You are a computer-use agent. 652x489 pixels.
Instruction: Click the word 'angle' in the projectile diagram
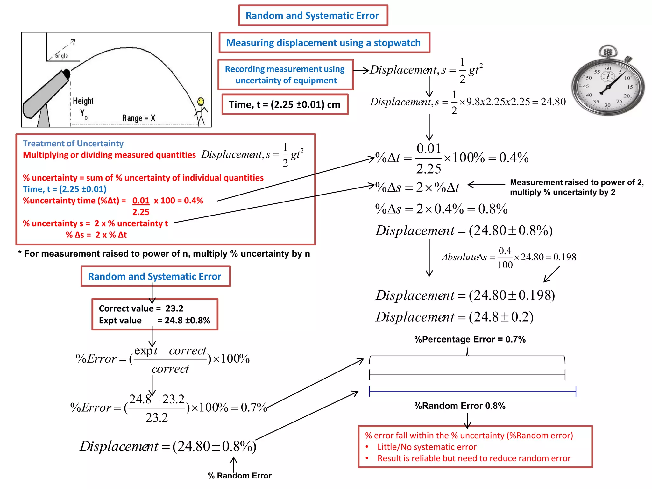(x=61, y=56)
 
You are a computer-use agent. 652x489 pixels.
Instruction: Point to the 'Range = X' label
(x=138, y=118)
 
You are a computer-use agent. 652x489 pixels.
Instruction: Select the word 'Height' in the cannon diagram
(x=83, y=101)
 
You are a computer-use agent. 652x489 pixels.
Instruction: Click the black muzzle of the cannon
(x=67, y=74)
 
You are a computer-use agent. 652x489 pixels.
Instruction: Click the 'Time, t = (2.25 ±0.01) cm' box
(x=285, y=104)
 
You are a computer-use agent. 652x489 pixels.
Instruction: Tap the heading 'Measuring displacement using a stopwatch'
(x=323, y=43)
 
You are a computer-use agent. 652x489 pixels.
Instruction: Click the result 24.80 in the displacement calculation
(x=553, y=102)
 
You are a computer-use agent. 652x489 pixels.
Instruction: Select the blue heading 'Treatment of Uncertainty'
(x=73, y=144)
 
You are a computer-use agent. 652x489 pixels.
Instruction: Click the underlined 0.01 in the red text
(x=141, y=201)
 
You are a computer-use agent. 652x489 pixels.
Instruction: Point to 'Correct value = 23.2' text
(x=141, y=308)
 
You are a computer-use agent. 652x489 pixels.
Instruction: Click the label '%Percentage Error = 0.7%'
(x=470, y=339)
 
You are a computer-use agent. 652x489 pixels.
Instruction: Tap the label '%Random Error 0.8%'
(x=460, y=406)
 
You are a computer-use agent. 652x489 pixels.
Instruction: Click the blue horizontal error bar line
(x=472, y=391)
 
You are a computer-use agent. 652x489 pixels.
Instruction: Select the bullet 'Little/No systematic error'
(x=427, y=447)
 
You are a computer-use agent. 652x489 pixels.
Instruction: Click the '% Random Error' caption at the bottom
(x=239, y=476)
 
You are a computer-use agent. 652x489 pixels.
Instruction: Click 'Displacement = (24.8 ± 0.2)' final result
(x=454, y=317)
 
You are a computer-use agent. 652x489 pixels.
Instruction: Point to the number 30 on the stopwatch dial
(x=607, y=105)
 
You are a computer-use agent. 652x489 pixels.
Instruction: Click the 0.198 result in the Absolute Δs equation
(x=565, y=257)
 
